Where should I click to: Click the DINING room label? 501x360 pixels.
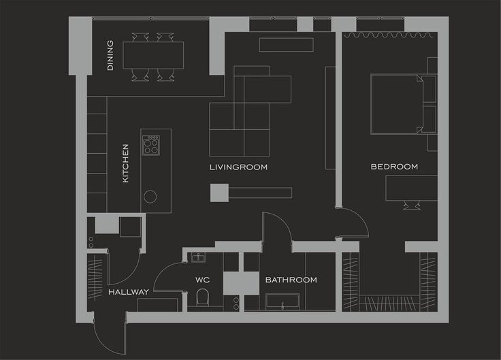[110, 59]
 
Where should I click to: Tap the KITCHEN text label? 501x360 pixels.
[125, 163]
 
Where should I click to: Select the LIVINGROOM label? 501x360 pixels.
[238, 167]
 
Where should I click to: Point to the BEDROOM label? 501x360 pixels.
[394, 167]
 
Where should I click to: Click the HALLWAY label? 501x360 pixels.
[129, 292]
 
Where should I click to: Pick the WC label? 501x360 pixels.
[203, 280]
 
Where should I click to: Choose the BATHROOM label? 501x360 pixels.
[291, 280]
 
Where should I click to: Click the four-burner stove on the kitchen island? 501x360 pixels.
[151, 145]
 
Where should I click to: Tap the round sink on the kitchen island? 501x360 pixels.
[150, 197]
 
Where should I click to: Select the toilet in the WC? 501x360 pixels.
[202, 297]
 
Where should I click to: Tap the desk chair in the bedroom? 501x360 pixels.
[410, 205]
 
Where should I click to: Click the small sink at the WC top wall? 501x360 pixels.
[198, 257]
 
